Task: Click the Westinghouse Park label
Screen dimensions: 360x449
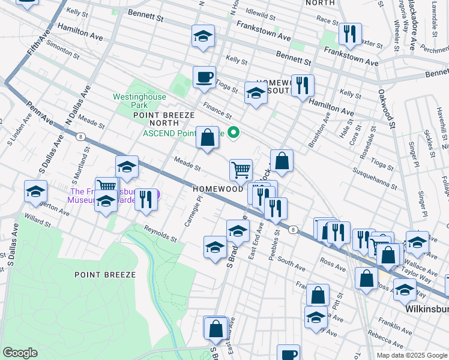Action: point(131,100)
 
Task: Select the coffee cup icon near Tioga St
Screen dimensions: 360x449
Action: point(204,77)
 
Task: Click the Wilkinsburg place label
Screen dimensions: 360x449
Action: point(423,308)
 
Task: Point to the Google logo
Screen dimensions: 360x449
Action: point(20,353)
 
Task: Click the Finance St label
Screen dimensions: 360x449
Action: point(217,110)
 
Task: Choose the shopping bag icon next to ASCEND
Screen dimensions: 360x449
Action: point(207,138)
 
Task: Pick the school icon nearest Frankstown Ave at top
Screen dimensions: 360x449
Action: point(203,37)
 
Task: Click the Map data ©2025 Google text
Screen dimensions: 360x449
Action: point(411,355)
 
